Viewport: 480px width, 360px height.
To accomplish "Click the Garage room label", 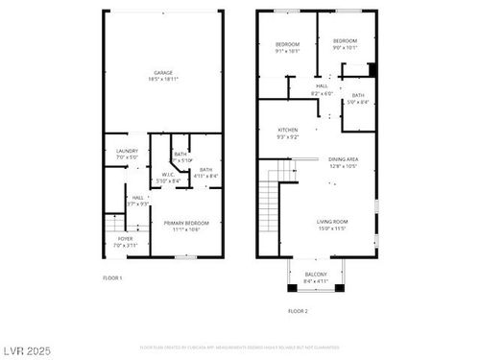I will click(x=164, y=72).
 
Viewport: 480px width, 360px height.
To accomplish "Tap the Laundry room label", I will click(x=127, y=151).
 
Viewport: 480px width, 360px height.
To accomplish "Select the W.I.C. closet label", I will click(x=165, y=174).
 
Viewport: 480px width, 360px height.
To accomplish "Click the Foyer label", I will click(x=126, y=238).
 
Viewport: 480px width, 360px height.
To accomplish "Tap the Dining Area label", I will click(x=344, y=159).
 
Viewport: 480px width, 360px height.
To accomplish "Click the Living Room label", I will click(x=333, y=222).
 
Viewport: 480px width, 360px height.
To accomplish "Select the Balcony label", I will click(x=316, y=275).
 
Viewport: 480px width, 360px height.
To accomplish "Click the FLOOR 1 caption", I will click(x=112, y=277).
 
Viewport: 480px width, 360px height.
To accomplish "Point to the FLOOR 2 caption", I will click(x=298, y=311).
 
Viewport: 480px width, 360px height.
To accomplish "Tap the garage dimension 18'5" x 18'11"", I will click(x=164, y=79).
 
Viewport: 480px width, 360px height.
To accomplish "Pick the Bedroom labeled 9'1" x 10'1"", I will click(x=288, y=44).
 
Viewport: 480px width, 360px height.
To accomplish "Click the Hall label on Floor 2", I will click(x=322, y=86).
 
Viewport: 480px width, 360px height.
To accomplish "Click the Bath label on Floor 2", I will click(x=357, y=95).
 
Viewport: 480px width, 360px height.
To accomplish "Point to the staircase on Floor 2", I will click(x=270, y=203).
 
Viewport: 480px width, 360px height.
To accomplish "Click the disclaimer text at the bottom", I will click(x=239, y=347).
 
